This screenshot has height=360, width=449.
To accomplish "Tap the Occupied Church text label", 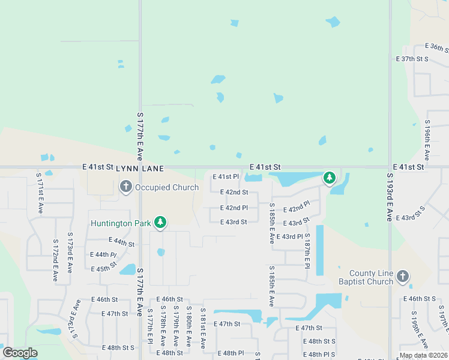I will coord(167,187).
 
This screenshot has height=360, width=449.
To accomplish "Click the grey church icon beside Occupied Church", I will coord(126,187).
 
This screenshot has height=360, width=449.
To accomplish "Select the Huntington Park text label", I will coord(120,223).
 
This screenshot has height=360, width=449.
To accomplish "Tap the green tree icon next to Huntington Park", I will coord(160,223).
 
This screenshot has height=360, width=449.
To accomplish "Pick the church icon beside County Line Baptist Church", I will coord(402,277).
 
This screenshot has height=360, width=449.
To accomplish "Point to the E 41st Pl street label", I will coord(228,177).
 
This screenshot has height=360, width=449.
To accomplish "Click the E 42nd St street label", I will coord(234,192).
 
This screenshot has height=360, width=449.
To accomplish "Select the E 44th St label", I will coord(122,241).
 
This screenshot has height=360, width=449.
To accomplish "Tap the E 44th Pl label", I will coord(103,255).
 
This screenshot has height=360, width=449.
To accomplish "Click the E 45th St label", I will coord(104,268).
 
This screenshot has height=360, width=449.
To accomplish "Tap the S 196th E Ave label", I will coord(427,142).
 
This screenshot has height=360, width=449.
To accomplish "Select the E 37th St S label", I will coord(412,59).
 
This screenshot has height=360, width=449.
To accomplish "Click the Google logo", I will coord(20,353).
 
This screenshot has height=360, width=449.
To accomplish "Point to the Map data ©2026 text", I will coord(423,355).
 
